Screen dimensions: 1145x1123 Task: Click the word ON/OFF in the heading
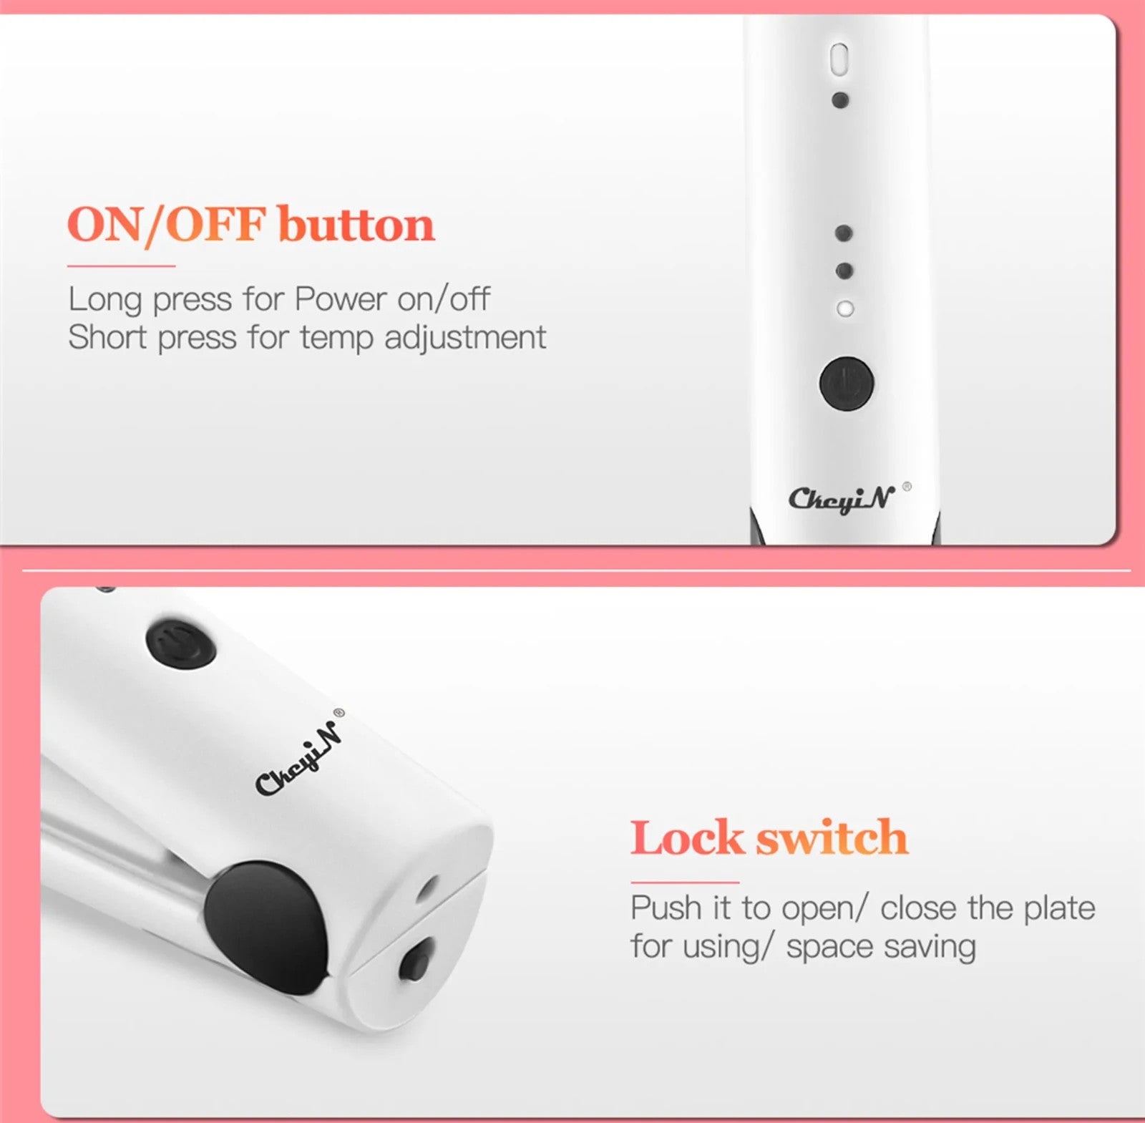click(x=167, y=225)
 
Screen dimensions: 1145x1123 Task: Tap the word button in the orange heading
click(x=356, y=224)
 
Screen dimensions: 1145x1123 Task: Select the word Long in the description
click(x=105, y=300)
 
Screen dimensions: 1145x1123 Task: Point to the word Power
click(x=341, y=298)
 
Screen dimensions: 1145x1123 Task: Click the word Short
click(x=107, y=336)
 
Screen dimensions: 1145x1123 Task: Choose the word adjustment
click(x=465, y=338)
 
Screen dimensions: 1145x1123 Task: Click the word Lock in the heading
click(x=687, y=837)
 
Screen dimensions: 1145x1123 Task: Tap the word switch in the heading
click(x=832, y=837)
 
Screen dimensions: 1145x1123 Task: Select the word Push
click(x=666, y=908)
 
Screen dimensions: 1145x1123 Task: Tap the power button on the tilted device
click(x=181, y=643)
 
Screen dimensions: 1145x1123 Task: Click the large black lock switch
click(x=266, y=926)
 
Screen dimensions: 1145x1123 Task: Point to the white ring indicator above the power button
click(x=845, y=308)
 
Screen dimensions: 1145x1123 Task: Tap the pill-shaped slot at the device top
click(x=839, y=59)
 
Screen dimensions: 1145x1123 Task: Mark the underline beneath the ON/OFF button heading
click(x=121, y=266)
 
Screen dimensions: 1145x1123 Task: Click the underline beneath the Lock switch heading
click(x=685, y=882)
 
